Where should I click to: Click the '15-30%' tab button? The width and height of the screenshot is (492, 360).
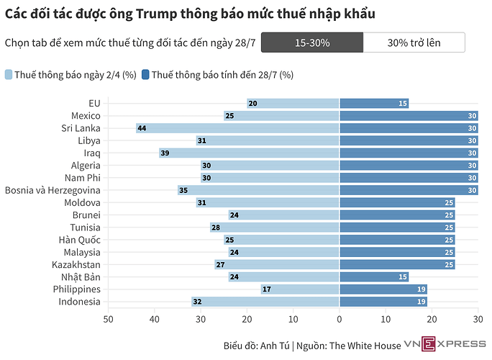click(311, 42)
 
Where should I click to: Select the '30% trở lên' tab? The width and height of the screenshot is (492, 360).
click(414, 42)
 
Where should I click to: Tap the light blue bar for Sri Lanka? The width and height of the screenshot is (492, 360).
click(237, 128)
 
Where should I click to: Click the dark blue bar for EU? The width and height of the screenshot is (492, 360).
click(374, 103)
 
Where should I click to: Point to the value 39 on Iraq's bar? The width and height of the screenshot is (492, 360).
click(165, 153)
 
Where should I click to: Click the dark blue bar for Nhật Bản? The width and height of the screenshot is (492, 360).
click(374, 277)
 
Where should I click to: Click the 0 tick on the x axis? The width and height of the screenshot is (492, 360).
click(340, 318)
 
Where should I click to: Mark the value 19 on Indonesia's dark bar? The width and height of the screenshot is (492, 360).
click(422, 302)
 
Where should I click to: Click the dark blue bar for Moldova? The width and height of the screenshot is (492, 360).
click(397, 202)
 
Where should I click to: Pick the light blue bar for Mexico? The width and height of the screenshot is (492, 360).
click(281, 115)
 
